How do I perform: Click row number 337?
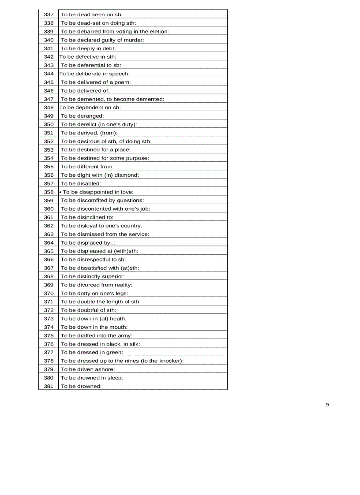click(49, 15)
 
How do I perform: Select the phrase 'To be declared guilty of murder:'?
click(102, 40)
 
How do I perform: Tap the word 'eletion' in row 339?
click(158, 32)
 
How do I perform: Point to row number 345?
click(49, 82)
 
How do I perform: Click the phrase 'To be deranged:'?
click(82, 116)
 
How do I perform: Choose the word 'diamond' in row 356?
click(128, 175)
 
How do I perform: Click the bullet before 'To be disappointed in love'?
click(60, 192)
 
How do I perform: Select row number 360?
click(49, 209)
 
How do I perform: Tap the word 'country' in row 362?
click(131, 226)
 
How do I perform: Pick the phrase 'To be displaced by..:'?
click(88, 243)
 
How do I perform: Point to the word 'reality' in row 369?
click(122, 285)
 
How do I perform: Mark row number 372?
click(49, 310)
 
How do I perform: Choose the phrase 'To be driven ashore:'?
click(88, 369)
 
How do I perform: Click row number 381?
click(49, 387)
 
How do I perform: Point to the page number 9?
click(327, 405)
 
